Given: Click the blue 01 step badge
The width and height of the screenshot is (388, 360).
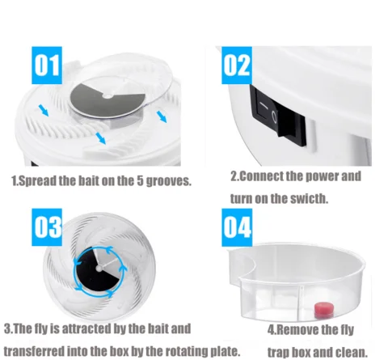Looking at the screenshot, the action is coord(47,66).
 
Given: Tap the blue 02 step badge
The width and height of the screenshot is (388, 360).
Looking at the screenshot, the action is coord(237,66).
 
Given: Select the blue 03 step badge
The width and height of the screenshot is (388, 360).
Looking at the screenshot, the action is coord(47,227).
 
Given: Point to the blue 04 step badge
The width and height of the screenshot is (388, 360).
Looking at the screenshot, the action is coord(237,227).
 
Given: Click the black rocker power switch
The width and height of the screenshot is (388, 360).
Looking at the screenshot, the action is coord(278,116).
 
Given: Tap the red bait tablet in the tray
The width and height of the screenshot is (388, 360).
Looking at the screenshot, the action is coord(323,310).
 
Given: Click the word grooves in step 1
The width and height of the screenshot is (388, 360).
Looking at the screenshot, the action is coord(169,181).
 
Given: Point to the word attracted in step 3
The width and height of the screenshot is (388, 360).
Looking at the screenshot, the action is coord(87,328).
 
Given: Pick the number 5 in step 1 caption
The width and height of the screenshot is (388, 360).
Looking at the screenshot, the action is coord(140,181).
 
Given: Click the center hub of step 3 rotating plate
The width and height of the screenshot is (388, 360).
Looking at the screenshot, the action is coord(99,269).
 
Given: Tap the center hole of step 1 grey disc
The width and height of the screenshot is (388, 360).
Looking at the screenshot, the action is coord(108,95).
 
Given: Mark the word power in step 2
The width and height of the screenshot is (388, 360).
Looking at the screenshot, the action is coord(323,177).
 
